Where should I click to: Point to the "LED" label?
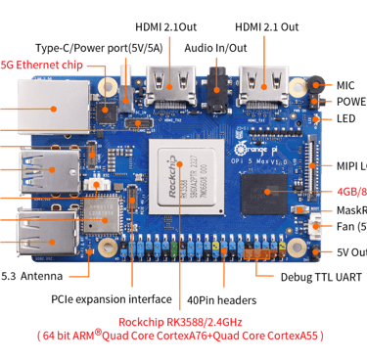344,118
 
